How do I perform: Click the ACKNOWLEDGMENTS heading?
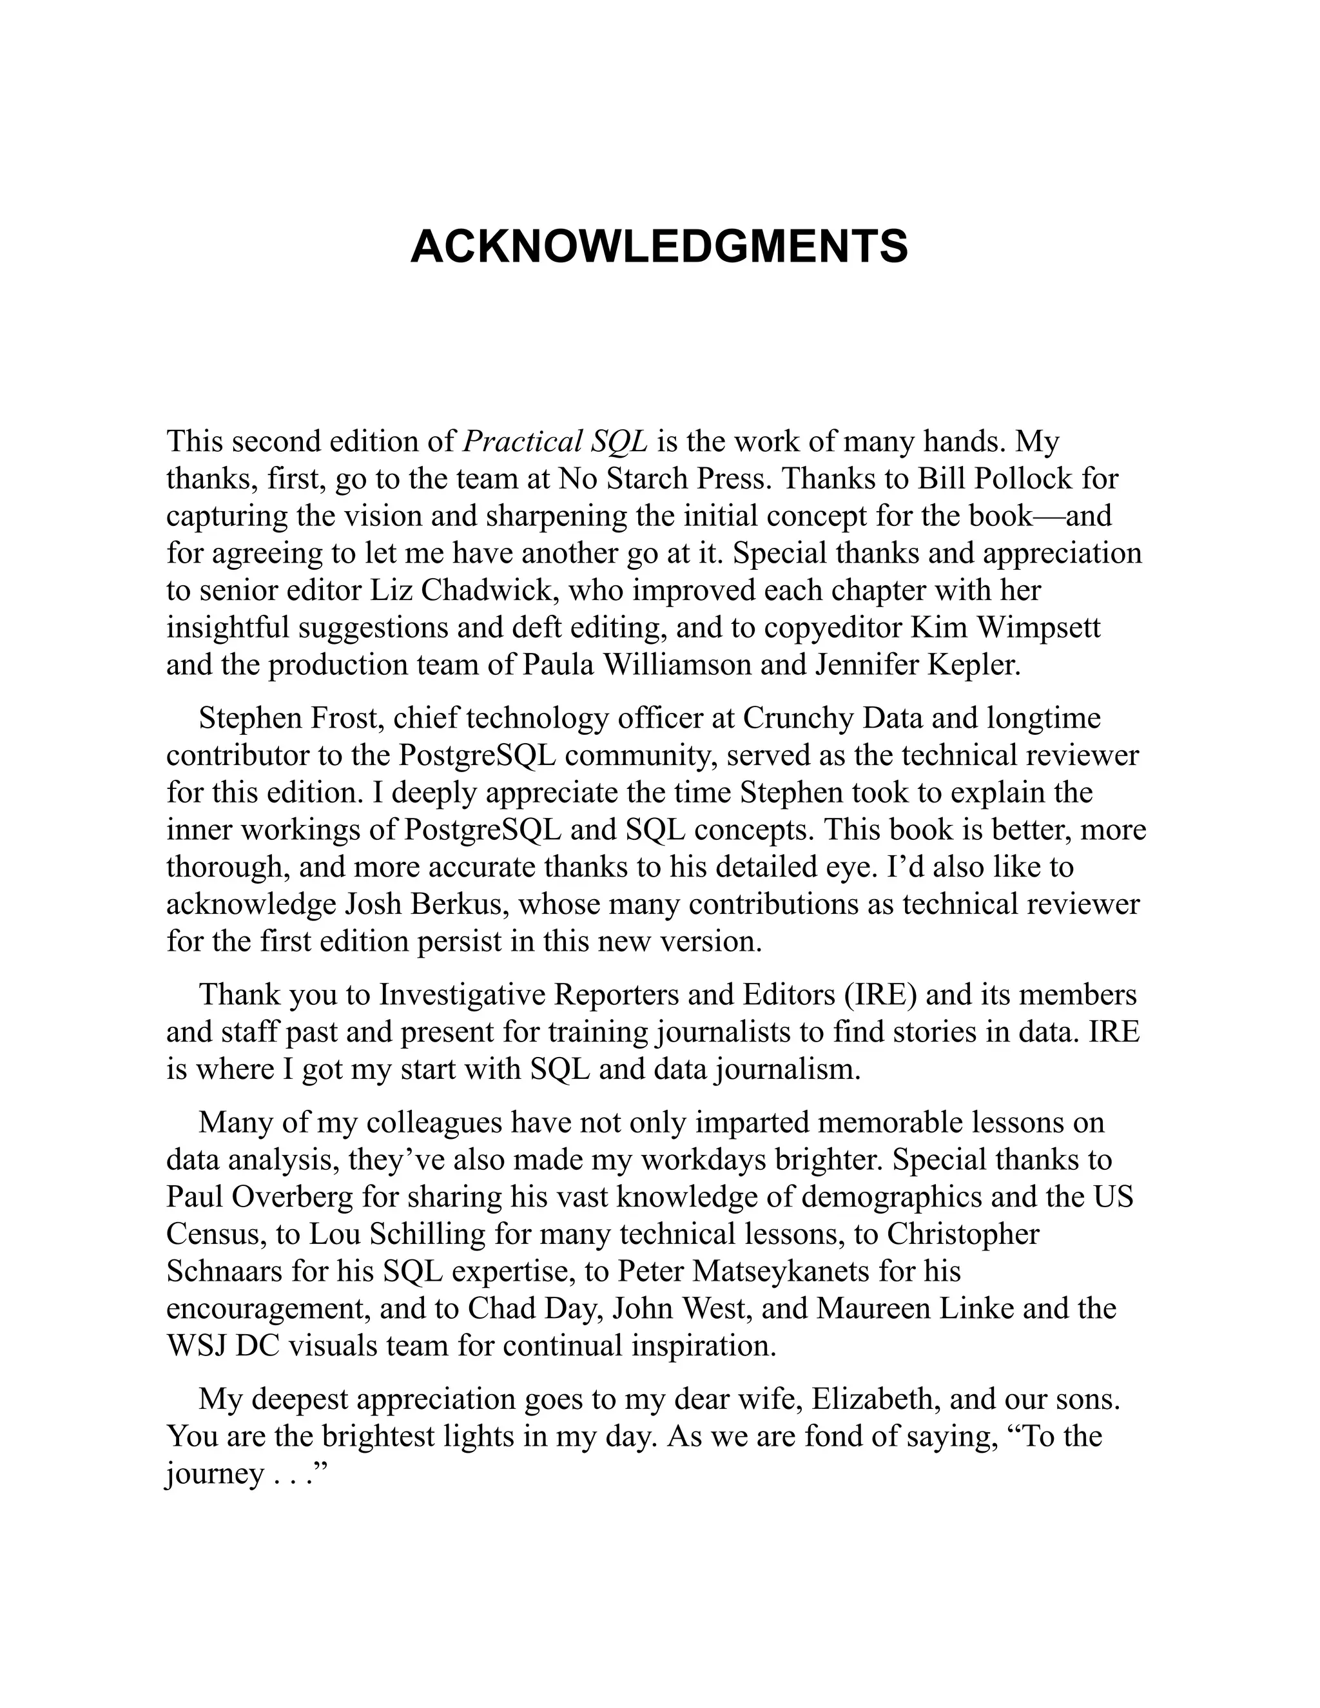(x=659, y=247)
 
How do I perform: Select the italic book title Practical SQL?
(x=556, y=443)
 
